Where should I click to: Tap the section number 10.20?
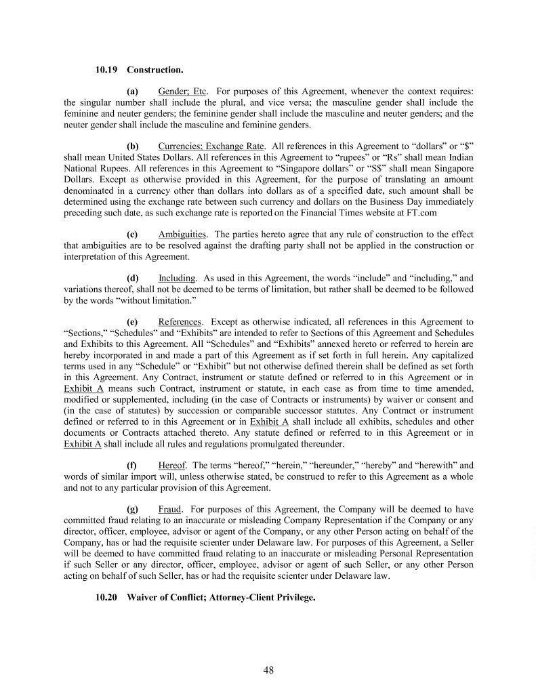(106, 598)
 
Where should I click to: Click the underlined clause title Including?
(178, 278)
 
